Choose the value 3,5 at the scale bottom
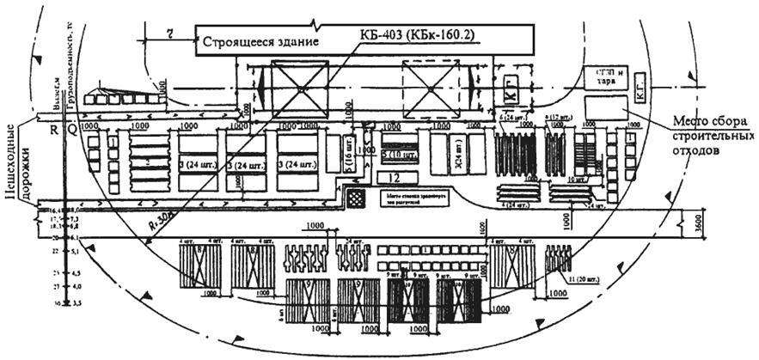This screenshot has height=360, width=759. click(74, 303)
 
